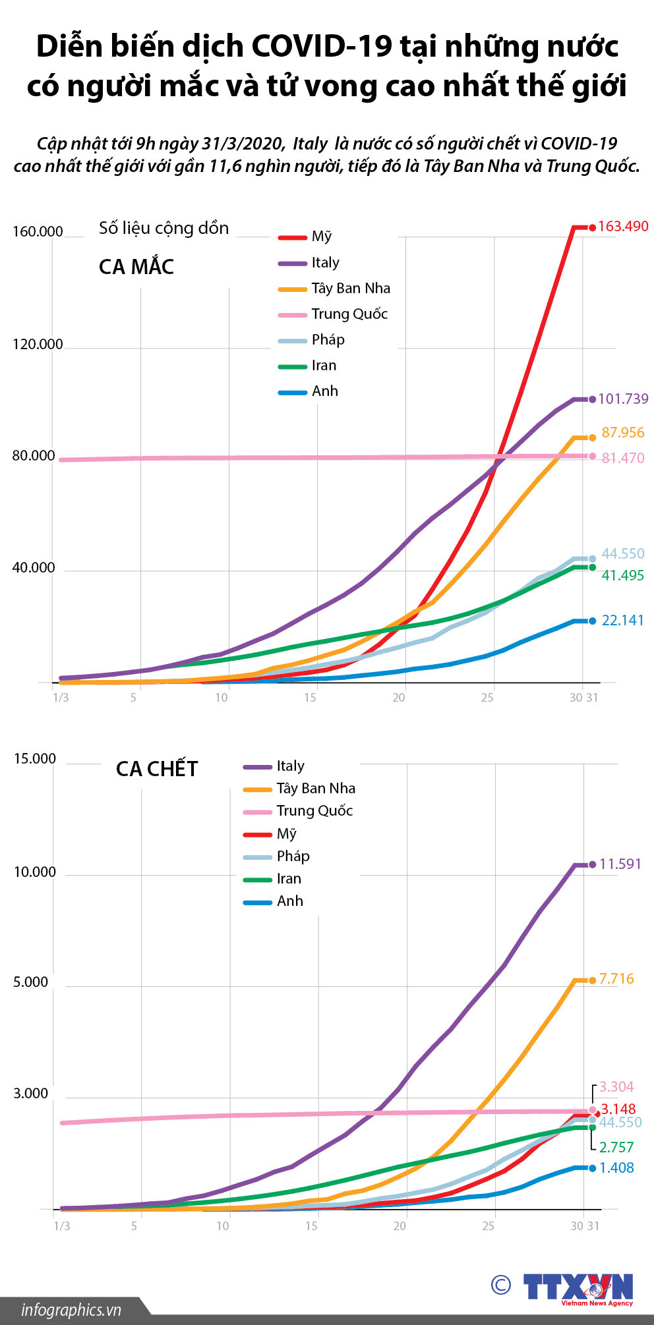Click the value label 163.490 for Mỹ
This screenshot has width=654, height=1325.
[x=623, y=227]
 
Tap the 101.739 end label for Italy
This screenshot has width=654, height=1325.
[x=623, y=399]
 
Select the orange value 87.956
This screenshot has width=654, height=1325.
[x=623, y=433]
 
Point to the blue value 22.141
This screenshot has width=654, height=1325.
[x=622, y=621]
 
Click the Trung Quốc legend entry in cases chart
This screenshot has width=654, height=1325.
[x=349, y=314]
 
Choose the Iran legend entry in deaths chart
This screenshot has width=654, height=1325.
[x=289, y=879]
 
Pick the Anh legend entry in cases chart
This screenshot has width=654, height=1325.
[x=324, y=391]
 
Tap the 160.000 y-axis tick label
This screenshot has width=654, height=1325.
[x=38, y=232]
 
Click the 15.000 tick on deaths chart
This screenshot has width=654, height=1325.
[x=35, y=759]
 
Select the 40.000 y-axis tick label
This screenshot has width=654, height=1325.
[x=34, y=568]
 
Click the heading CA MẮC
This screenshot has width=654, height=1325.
[x=136, y=267]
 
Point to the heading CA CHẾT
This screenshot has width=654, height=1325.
[x=157, y=769]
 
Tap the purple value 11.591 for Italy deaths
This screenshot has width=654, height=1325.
[x=620, y=864]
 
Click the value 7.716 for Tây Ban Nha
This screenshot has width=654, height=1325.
[x=616, y=979]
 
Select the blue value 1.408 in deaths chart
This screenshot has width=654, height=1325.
[x=616, y=1168]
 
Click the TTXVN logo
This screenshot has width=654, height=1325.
[x=578, y=1286]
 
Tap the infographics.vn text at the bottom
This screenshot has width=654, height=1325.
[x=71, y=1310]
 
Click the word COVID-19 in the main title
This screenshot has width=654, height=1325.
[x=322, y=47]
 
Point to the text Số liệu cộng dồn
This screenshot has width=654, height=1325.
[x=164, y=229]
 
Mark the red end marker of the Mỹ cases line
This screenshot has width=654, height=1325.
[x=592, y=228]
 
